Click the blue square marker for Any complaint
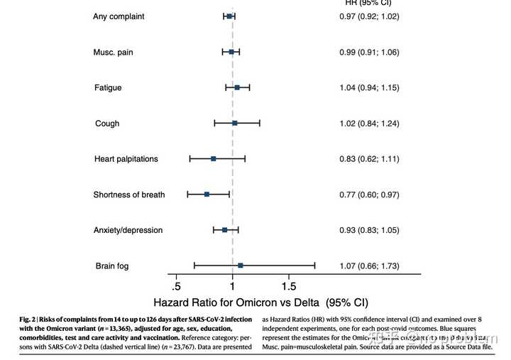pos(229,16)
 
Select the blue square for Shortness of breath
pos(207,194)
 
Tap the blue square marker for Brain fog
pos(241,265)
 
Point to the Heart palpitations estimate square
pos(213,158)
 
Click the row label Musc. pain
pos(113,53)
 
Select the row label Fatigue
pos(108,88)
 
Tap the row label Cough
pos(107,124)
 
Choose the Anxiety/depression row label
pos(128,230)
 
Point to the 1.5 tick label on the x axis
pos(289,286)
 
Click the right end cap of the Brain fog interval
pos(314,265)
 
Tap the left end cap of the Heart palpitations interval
pos(189,158)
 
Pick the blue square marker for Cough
pos(235,123)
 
